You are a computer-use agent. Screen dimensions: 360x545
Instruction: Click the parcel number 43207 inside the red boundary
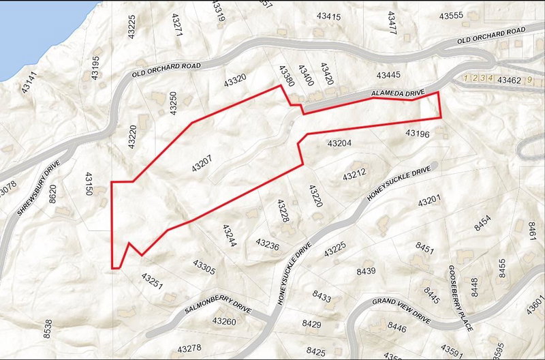(x=202, y=162)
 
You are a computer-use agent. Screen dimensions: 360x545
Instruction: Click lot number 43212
(x=354, y=175)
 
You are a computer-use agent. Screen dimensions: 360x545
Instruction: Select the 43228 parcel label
(x=284, y=210)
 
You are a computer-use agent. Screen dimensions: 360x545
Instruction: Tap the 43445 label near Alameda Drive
(x=388, y=74)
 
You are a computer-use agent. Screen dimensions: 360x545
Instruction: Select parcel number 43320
(x=235, y=80)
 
